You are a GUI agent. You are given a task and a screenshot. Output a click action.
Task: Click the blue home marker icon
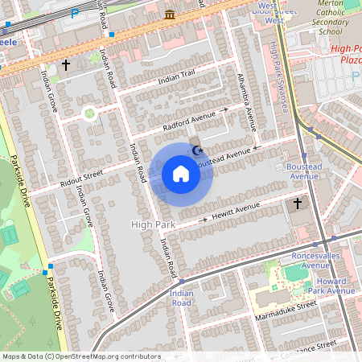point(181,174)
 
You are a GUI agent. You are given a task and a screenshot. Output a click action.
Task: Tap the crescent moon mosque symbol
point(197,150)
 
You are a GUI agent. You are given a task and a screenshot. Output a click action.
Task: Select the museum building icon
point(170,15)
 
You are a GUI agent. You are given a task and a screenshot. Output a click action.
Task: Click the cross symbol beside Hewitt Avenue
point(298,204)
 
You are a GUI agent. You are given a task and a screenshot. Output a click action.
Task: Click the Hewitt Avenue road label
point(237,211)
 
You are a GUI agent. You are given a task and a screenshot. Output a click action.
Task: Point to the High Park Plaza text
point(345,55)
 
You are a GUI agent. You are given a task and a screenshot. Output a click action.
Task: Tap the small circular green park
point(89,113)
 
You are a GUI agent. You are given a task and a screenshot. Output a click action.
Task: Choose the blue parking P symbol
point(75,14)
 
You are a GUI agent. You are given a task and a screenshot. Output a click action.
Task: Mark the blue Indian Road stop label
point(180,298)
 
